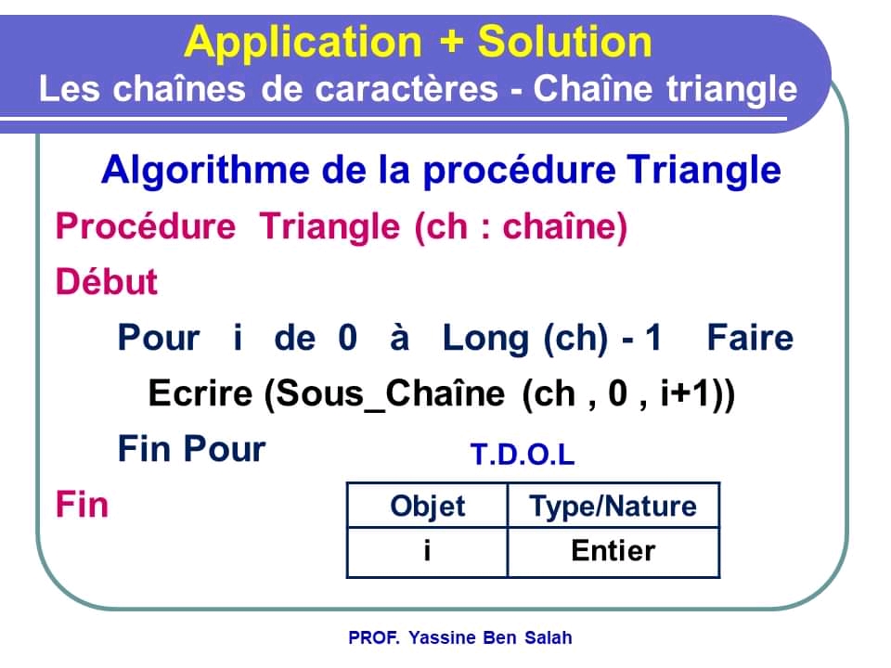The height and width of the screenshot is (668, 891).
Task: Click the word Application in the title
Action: click(302, 43)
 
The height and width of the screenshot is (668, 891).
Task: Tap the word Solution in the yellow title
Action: click(564, 43)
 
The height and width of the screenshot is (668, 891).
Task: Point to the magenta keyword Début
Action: click(107, 282)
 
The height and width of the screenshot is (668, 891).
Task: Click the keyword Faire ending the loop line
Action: click(750, 338)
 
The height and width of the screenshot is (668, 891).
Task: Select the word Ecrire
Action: click(200, 394)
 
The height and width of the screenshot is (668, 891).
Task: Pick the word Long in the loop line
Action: click(487, 338)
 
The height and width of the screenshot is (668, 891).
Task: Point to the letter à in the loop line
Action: click(400, 338)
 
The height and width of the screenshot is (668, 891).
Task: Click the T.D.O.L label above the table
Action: click(523, 456)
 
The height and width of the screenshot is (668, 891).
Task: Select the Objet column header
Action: click(428, 507)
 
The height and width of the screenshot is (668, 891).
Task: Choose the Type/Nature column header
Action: click(613, 507)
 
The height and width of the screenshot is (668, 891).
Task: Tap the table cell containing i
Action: click(427, 551)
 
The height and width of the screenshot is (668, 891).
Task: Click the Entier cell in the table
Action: click(613, 551)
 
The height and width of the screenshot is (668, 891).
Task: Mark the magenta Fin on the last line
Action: click(82, 506)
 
